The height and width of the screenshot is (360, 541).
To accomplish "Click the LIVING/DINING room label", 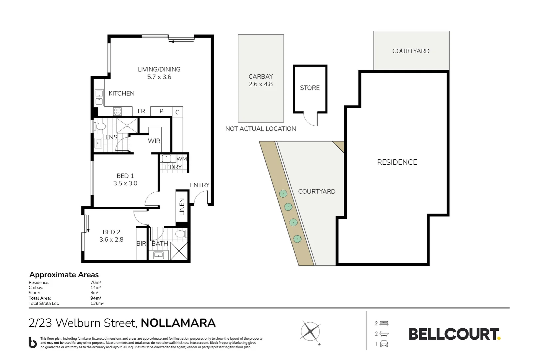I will coord(159,69).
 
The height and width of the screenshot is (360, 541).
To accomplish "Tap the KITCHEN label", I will coord(121,93).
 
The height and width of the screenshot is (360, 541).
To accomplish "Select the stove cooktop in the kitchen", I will coord(117,111).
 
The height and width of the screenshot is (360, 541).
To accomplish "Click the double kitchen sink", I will coord(99,97).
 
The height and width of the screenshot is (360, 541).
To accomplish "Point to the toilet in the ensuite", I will coord(100,126).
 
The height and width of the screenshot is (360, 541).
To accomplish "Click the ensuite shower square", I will coord(127,126).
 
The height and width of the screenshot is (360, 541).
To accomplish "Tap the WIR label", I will coord(154,141).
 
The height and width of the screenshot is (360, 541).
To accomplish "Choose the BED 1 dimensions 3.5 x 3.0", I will coord(125,183).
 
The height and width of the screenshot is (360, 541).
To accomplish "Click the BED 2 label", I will coord(111,232).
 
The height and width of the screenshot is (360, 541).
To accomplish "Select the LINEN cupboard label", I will coord(182,207).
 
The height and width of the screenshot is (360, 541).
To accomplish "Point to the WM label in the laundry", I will coord(182,159).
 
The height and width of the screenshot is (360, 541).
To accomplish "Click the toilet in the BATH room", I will coord(181,234).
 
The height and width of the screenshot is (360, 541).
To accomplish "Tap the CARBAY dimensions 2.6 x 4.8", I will coord(261,84).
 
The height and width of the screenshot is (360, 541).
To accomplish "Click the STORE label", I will coord(309,88).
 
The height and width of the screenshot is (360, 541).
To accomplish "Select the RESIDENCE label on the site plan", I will coord(397,162).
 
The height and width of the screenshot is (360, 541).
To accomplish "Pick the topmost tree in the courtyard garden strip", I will coord(283,193).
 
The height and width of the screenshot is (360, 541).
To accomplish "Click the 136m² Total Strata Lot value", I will coord(97,303).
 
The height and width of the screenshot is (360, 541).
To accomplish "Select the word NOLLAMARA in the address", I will coord(178,323).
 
